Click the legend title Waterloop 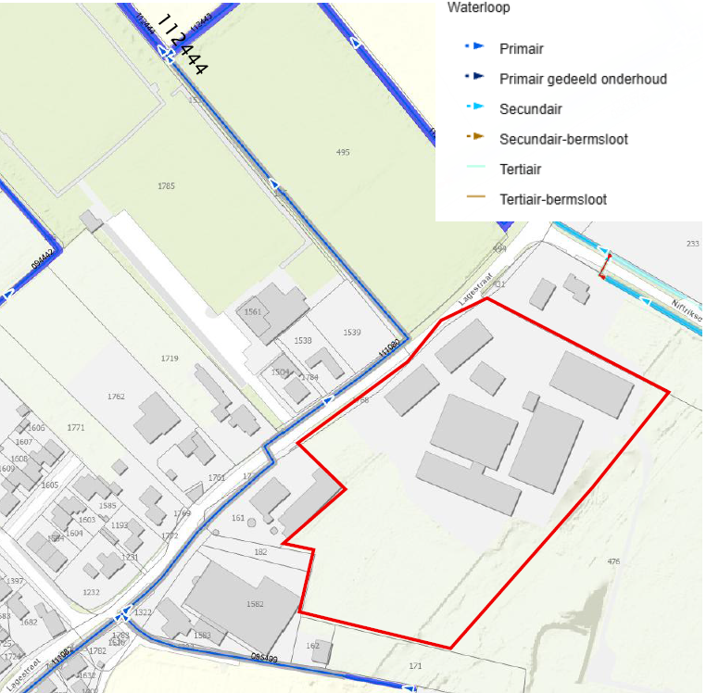coord(478,7)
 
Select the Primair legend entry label coord(521,48)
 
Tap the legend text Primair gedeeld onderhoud coord(583,79)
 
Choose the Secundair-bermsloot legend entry coord(563,139)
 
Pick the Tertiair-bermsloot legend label coord(553,199)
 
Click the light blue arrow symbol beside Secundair coord(474,109)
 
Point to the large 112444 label coord(183,44)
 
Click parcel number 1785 coord(166,186)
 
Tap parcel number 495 coord(343,152)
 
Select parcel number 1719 coord(170,358)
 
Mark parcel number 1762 coord(116,397)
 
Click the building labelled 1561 coord(253,312)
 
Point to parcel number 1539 coord(351,332)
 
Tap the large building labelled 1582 coord(256,604)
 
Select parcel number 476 coord(613,561)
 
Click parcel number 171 coord(415,666)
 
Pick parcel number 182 coord(260,552)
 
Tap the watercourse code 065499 coord(264,659)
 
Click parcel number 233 coord(692,243)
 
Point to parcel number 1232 coord(91,592)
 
